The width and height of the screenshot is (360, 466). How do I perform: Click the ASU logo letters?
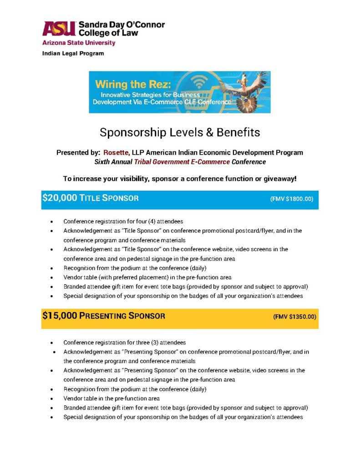pos(58,29)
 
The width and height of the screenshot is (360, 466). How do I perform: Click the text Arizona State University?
pos(78,43)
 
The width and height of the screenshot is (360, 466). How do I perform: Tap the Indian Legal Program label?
pos(73,53)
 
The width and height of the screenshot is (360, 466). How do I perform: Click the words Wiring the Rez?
pos(124,84)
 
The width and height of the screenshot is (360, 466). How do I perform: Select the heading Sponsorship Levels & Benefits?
pos(180,132)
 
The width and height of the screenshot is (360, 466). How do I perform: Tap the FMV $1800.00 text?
pos(292,199)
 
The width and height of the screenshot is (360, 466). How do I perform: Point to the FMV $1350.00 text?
pos(294,316)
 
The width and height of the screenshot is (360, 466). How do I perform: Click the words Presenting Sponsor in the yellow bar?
pos(122,316)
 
